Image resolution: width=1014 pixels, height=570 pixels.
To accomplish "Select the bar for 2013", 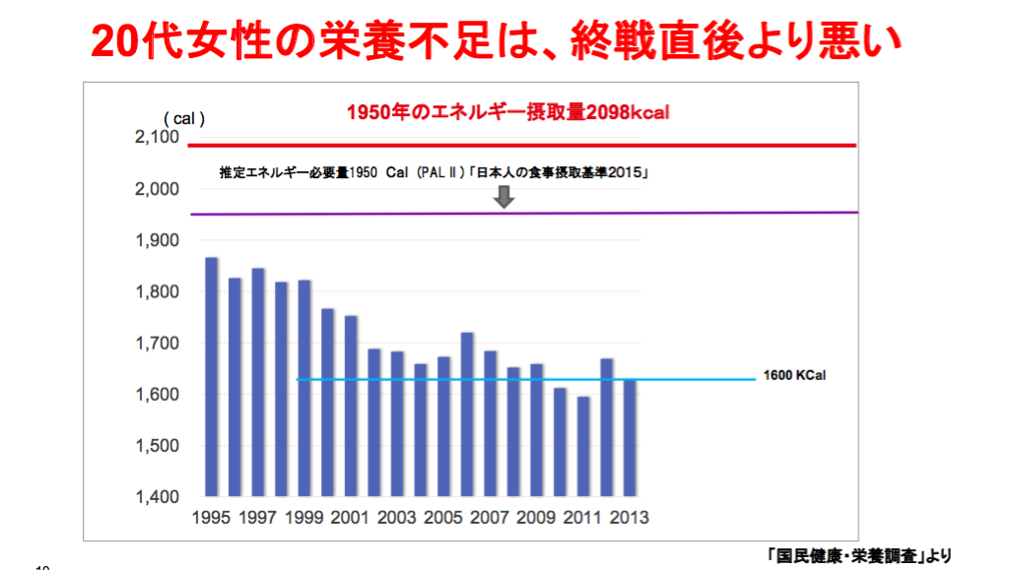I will click(630, 437).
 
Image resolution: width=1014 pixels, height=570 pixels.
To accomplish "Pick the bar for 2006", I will click(467, 414).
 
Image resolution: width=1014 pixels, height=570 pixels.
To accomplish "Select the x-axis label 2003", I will click(396, 518).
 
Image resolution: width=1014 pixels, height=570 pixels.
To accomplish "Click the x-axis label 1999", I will click(304, 518).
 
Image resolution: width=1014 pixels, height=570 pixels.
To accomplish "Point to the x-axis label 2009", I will click(536, 518).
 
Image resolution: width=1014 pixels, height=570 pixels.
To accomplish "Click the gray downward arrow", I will click(504, 196).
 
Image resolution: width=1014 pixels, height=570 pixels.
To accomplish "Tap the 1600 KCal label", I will click(793, 376).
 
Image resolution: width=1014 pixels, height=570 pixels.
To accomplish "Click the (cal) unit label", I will click(184, 118).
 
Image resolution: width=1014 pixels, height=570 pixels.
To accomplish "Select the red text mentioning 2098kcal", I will click(507, 112).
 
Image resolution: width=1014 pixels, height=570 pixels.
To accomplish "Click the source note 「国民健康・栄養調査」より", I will click(858, 554).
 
